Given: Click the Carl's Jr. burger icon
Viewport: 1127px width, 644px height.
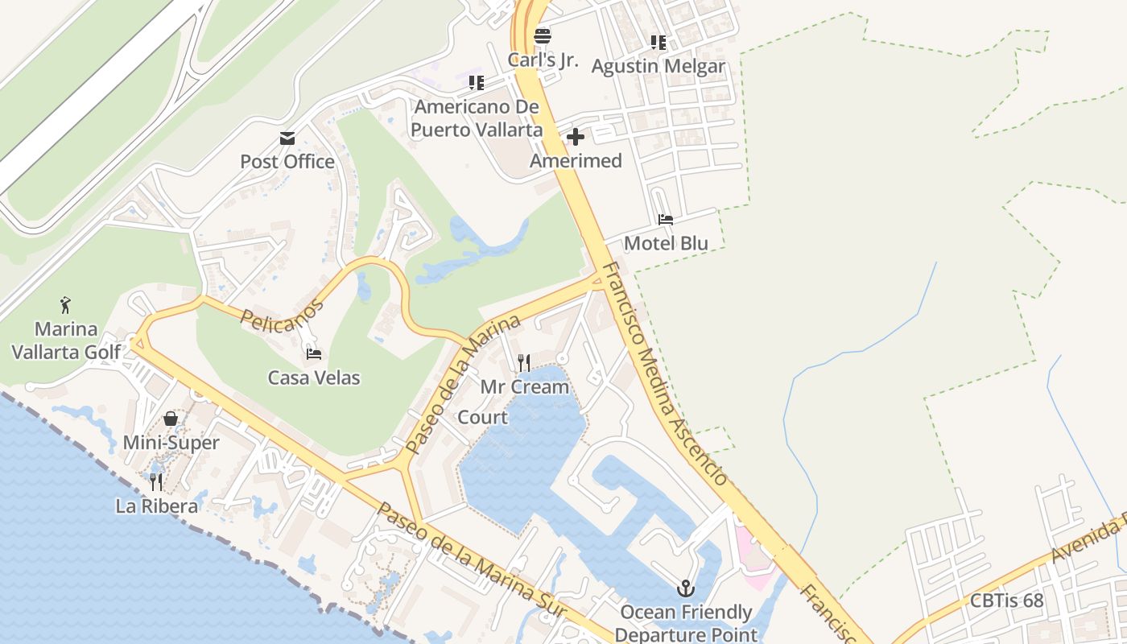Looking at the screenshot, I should pos(543,36).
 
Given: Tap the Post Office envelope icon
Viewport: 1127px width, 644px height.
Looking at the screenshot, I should pos(287,138).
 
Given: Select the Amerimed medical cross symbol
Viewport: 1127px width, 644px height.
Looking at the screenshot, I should pos(576,137).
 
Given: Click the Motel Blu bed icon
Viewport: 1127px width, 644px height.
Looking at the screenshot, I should pos(666,219).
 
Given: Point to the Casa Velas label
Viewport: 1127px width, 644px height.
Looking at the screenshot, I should pos(314,378).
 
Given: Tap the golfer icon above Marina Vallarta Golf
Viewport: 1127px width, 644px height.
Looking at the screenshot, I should pos(65,305).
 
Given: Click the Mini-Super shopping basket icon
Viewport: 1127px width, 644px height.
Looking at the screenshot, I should pos(171,419).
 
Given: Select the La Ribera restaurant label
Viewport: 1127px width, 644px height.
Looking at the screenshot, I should pos(157,506).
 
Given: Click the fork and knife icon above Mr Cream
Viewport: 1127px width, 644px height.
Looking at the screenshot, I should pos(524,363).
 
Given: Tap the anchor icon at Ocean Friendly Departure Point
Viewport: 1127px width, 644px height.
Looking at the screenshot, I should pos(686,588).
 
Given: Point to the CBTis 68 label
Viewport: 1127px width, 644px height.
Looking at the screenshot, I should pos(1006,601).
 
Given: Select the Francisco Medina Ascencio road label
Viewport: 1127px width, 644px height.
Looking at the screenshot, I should pos(665,374).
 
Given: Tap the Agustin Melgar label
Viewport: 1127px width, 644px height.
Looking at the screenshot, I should pos(658,66).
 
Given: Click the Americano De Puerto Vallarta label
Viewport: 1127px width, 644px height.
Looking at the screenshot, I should pos(476,118).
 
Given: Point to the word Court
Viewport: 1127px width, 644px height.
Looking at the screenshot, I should pos(483,417).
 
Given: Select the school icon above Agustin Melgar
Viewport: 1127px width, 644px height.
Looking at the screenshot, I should pos(658,43).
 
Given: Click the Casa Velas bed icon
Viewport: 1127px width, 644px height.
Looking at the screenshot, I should pos(314,353).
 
